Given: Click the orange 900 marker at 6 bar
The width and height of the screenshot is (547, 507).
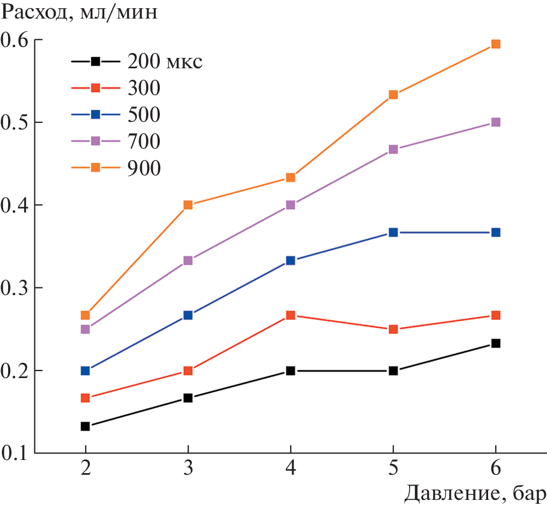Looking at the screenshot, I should [496, 44].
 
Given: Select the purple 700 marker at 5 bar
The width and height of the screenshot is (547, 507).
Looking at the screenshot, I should [393, 149].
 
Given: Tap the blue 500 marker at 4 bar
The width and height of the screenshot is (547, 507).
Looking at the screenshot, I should [290, 261].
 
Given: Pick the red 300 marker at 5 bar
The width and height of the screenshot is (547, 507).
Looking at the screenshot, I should [393, 329].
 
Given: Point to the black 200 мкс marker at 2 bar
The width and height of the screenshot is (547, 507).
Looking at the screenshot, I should [85, 426].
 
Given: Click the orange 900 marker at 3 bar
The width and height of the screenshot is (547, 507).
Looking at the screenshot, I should [188, 205].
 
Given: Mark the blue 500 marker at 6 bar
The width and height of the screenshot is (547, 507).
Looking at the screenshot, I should [496, 232].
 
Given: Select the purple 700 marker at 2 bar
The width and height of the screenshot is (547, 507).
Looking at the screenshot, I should [85, 329].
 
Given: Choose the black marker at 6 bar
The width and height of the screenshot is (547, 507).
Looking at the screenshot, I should [496, 343].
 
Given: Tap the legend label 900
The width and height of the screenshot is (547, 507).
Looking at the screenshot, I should [144, 168].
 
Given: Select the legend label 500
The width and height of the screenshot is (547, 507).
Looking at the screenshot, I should [144, 114].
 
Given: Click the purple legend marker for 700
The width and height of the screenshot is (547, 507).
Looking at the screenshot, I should [95, 141].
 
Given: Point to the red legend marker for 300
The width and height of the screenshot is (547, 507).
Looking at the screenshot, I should [95, 87].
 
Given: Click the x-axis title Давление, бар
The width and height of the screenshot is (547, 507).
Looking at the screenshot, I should [474, 494].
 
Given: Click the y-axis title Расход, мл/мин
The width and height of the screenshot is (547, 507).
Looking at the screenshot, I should [79, 12].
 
